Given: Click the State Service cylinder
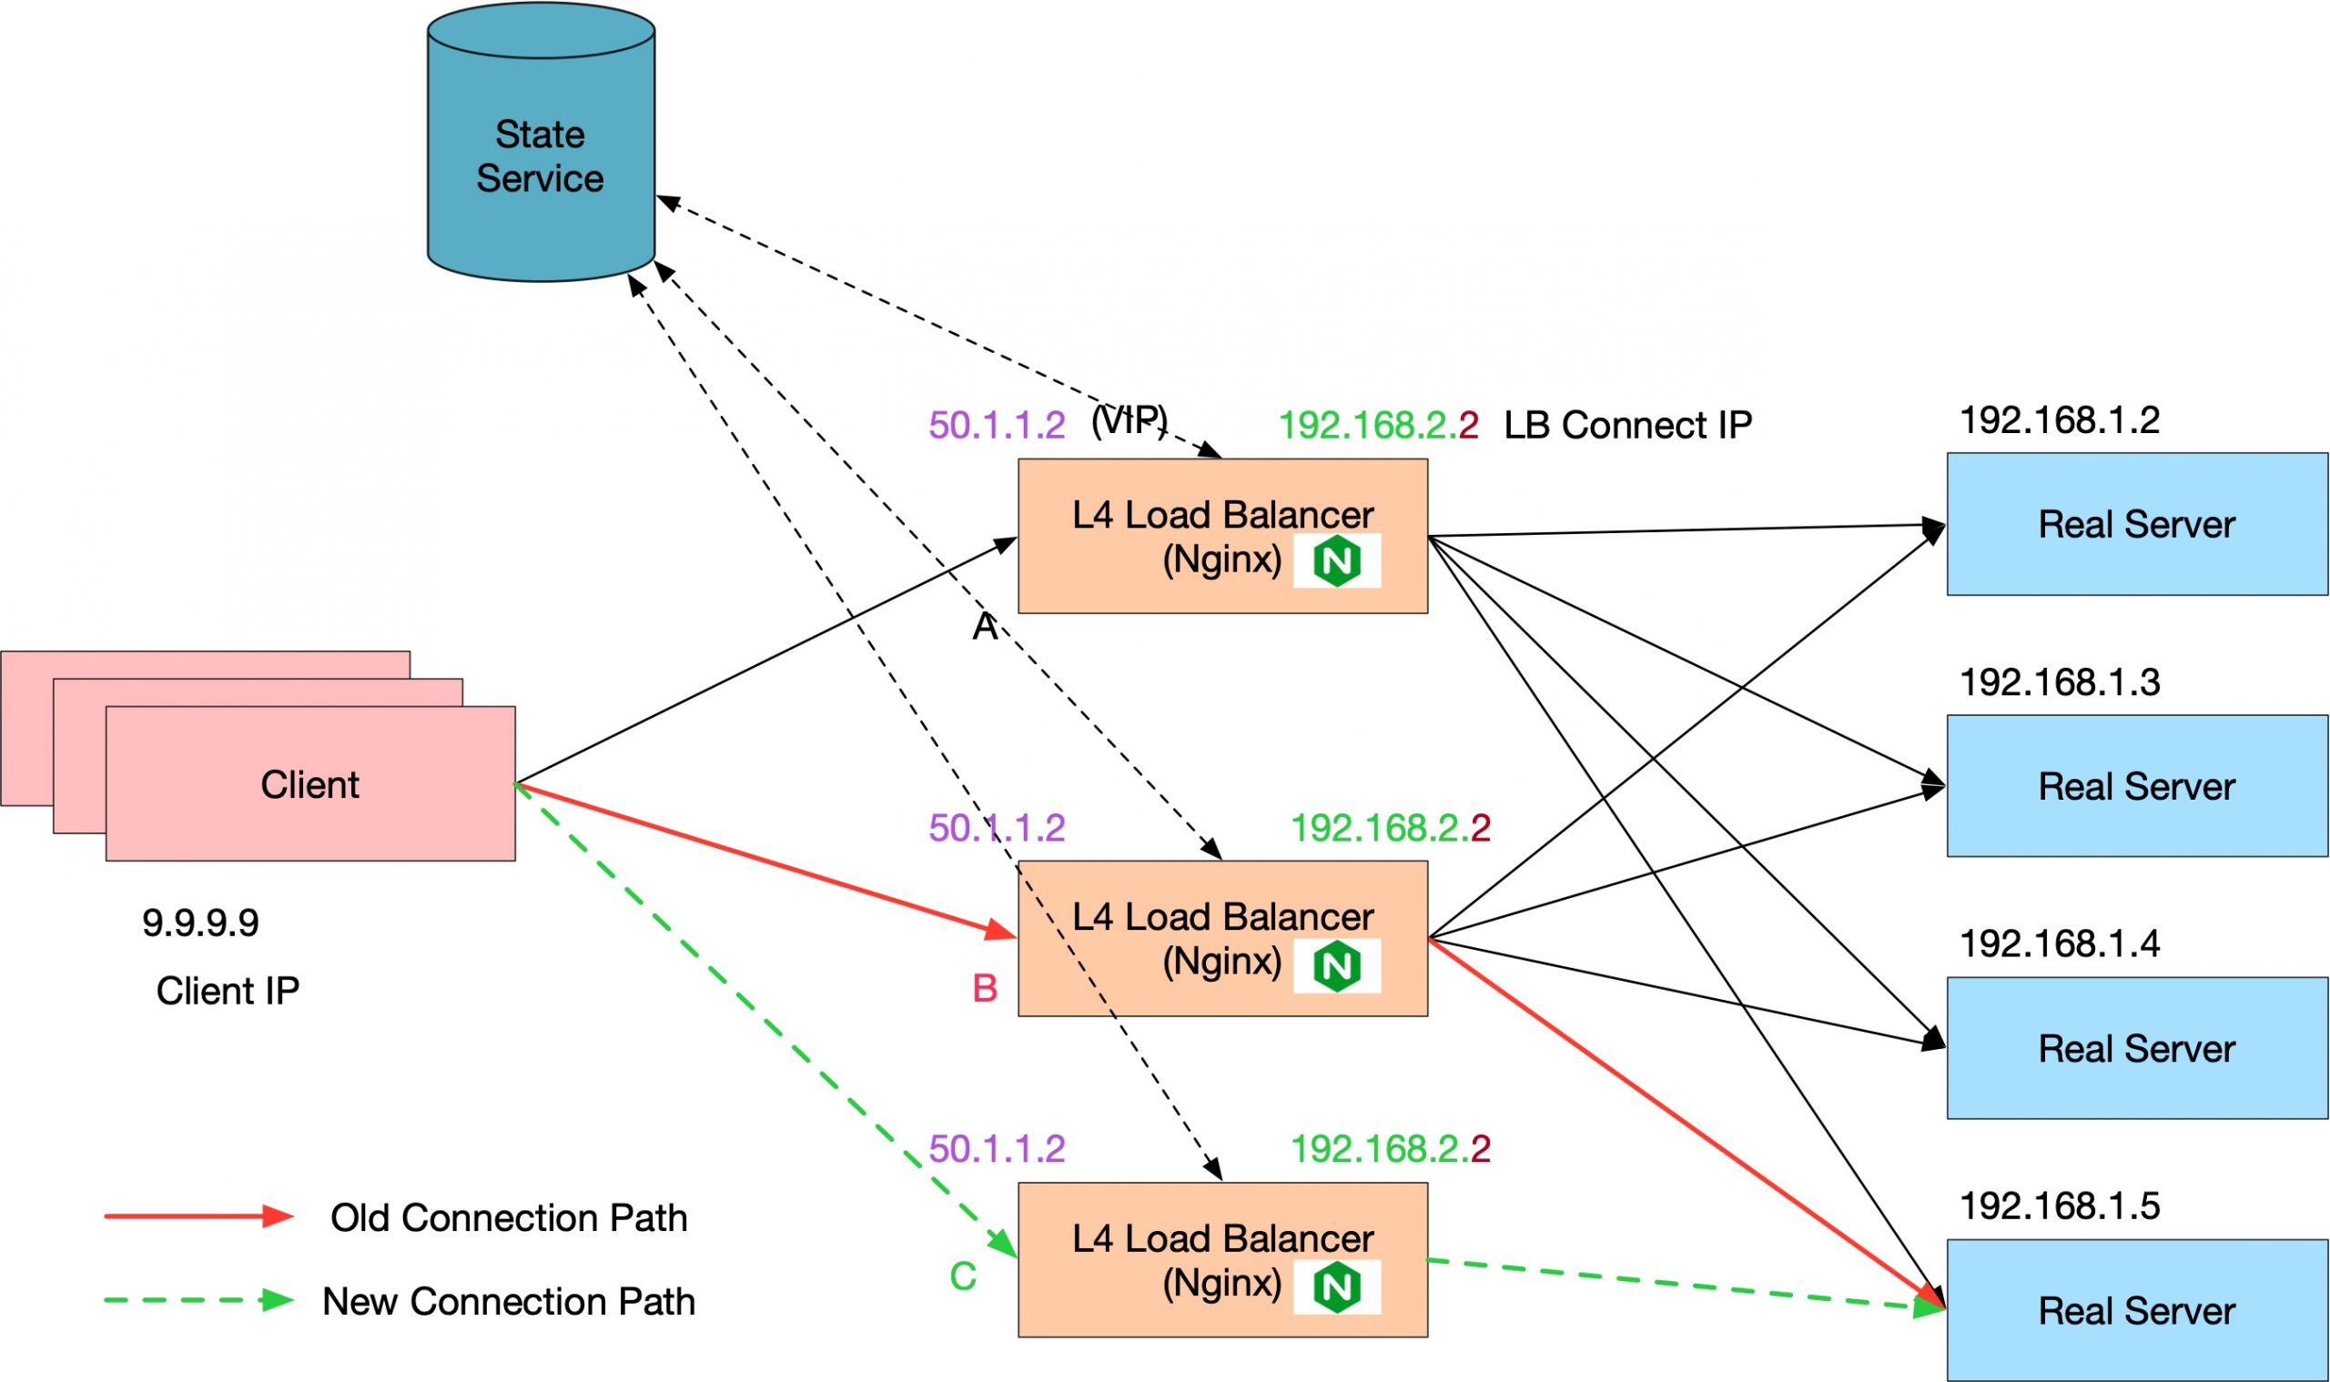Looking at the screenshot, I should pos(541,154).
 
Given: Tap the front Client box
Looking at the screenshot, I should pos(310,784).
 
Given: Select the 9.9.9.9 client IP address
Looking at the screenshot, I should pos(200,923).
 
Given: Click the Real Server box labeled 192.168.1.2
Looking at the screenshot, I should pos(2136,524).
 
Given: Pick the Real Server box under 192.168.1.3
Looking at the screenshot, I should pos(2136,786).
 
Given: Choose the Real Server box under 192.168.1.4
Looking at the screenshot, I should pos(2136,1049).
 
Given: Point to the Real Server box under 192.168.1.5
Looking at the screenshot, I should pos(2136,1310).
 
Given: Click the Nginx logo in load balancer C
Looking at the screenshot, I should pos(1336,1287).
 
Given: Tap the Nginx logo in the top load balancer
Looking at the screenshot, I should pos(1336,560).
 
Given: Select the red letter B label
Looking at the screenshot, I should pos(985,988).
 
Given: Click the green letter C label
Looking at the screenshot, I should pos(962,1276).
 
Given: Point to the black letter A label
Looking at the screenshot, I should pos(985,628).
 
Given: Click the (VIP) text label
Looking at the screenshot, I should pos(1130,421).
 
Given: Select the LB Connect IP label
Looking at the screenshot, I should pos(1627,426).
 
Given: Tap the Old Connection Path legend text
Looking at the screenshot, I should pos(509,1218).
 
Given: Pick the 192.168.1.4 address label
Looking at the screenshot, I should pos(2060,944).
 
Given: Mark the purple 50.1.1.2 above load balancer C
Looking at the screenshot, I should pos(997,1149).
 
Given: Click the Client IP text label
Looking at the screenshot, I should pos(228,991).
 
